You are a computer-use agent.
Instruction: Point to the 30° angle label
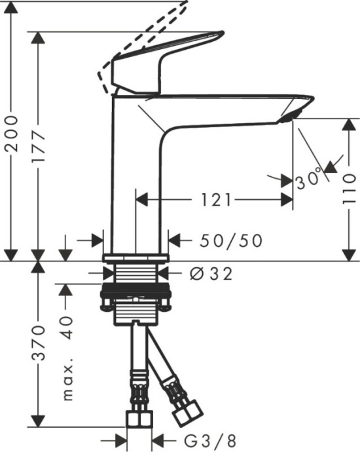[308, 179]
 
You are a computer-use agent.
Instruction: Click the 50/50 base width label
[230, 241]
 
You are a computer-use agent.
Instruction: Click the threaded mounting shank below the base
[136, 275]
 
